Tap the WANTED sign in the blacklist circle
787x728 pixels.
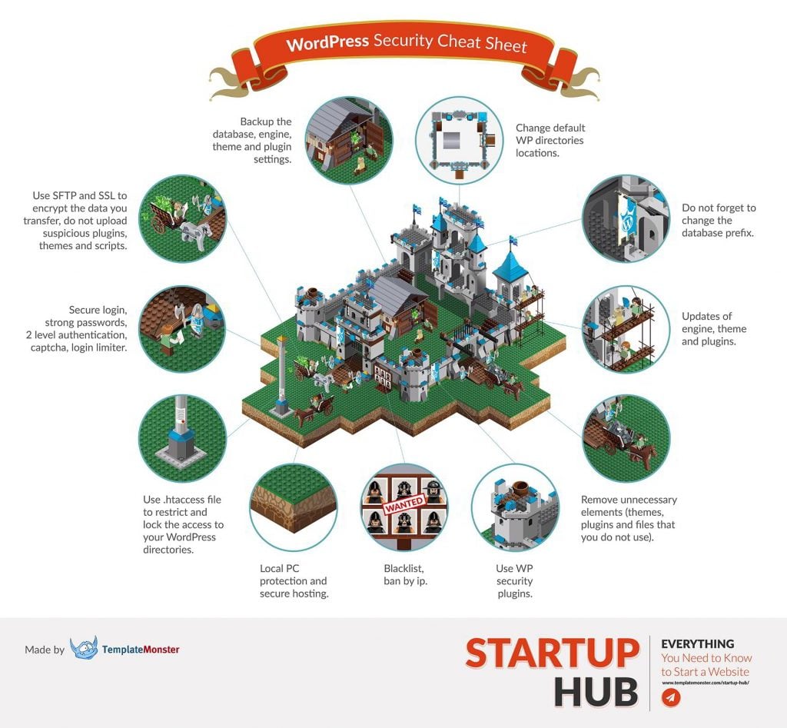(404, 507)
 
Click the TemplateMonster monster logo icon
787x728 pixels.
(83, 650)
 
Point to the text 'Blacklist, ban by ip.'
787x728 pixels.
(405, 574)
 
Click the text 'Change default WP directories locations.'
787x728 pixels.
(550, 140)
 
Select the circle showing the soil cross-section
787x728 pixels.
(293, 508)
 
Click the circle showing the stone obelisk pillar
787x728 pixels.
(182, 439)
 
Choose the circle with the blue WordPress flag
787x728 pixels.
(626, 219)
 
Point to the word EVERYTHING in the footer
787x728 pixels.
(697, 643)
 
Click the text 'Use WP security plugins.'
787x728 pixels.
(514, 581)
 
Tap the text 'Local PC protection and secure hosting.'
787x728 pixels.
(293, 580)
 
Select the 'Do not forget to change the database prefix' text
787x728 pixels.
(719, 220)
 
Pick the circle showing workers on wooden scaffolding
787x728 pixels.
(626, 329)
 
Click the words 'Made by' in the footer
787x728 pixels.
(45, 650)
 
